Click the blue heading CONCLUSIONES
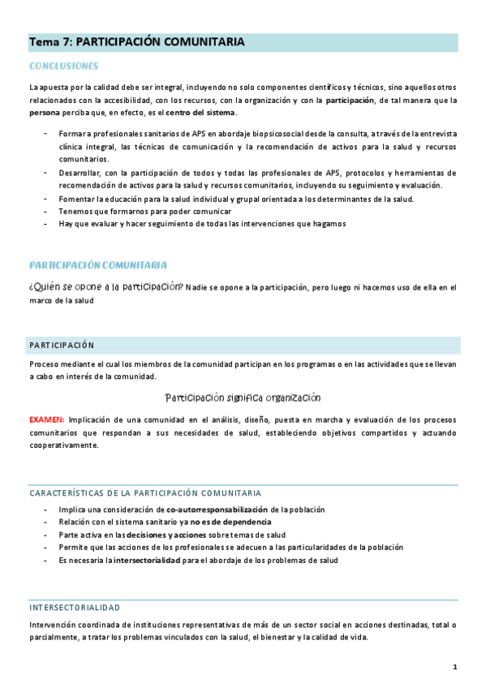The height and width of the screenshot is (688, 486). (63, 66)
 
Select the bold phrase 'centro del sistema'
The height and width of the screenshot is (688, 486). (200, 112)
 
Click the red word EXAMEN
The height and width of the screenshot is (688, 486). (46, 420)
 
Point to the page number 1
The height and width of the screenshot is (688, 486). (455, 667)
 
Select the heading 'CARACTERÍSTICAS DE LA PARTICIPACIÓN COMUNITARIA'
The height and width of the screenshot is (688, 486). (145, 492)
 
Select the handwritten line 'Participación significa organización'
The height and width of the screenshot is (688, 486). (243, 398)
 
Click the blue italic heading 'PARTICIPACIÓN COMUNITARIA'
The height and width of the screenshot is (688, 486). (98, 265)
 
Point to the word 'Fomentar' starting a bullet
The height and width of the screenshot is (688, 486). (78, 199)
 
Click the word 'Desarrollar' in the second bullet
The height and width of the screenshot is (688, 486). (81, 173)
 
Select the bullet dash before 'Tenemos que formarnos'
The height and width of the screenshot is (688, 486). (45, 211)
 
